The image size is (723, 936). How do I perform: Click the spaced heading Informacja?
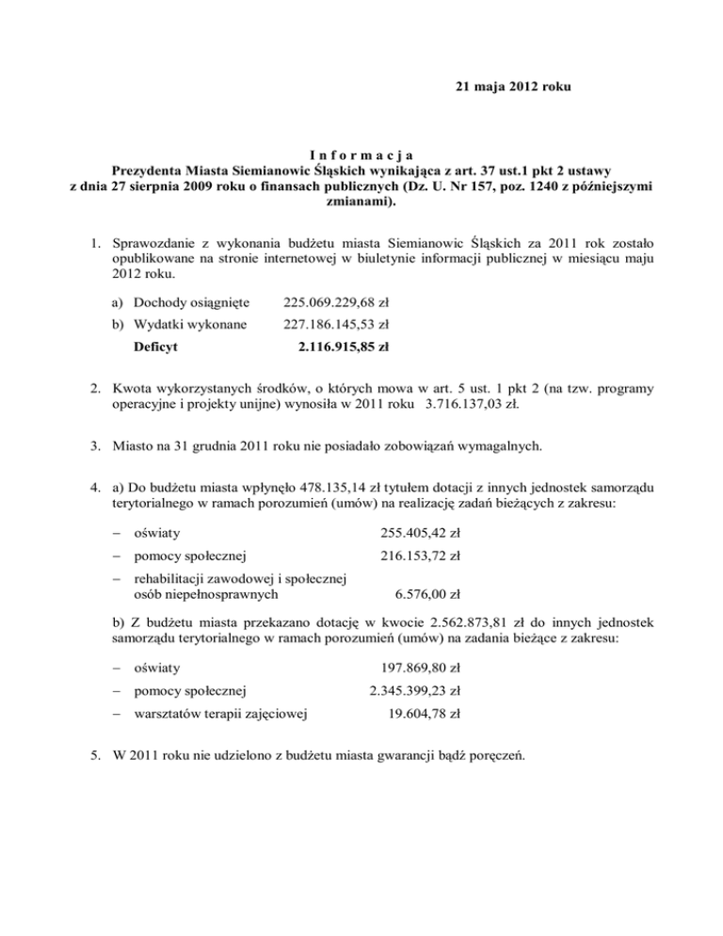[x=361, y=154]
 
